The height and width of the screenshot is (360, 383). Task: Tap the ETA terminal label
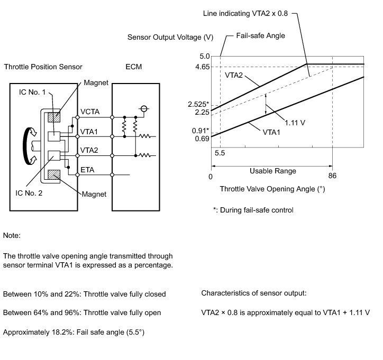click(x=88, y=170)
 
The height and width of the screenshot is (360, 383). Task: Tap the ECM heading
click(x=133, y=67)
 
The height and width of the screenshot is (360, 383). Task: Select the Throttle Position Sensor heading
click(x=43, y=67)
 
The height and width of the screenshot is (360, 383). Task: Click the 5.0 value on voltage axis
click(x=204, y=56)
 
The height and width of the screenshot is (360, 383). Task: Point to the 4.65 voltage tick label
click(x=202, y=67)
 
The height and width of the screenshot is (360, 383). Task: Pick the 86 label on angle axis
click(x=332, y=177)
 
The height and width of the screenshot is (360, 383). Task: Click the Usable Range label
click(x=272, y=171)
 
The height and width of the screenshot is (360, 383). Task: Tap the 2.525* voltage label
click(x=199, y=104)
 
